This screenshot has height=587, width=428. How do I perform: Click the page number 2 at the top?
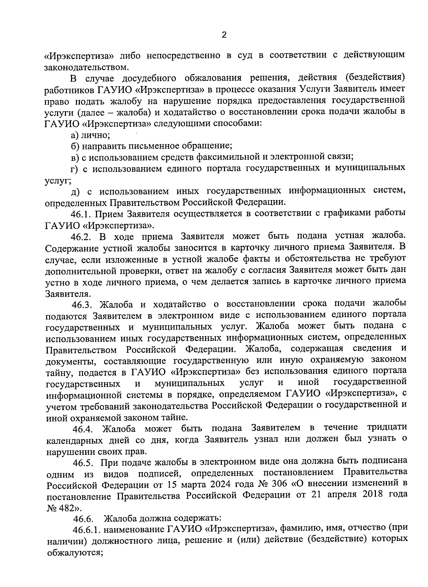[x=224, y=35]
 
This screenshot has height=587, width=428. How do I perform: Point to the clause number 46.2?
[x=83, y=237]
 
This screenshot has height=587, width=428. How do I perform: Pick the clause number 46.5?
[x=83, y=463]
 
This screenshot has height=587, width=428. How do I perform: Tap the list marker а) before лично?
[x=75, y=135]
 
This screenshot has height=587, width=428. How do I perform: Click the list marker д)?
[x=76, y=192]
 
